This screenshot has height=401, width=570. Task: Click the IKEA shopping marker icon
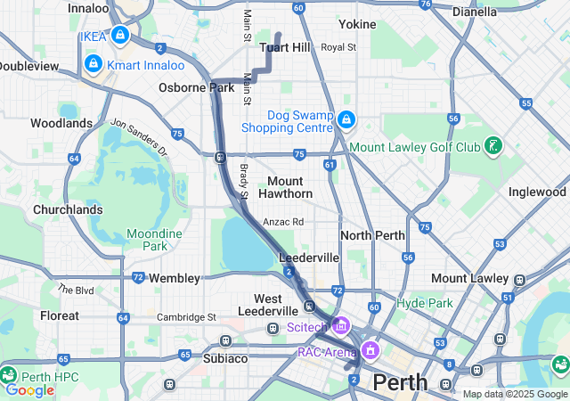(120, 36)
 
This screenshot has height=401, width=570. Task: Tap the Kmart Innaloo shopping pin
(94, 63)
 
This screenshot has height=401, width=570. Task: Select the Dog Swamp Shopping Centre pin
(346, 119)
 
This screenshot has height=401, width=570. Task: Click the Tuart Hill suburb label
(285, 47)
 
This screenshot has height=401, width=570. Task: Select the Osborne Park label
(196, 87)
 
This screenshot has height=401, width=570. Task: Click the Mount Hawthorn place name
(285, 187)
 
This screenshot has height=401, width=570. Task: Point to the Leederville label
(309, 257)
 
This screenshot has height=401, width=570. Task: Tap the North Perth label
(372, 235)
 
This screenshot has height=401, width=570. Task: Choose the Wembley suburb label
(174, 278)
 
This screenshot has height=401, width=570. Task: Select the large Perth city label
(400, 382)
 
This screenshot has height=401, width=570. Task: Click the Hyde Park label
(424, 303)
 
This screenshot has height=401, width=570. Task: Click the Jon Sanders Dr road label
(139, 139)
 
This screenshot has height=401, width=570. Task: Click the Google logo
(29, 389)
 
